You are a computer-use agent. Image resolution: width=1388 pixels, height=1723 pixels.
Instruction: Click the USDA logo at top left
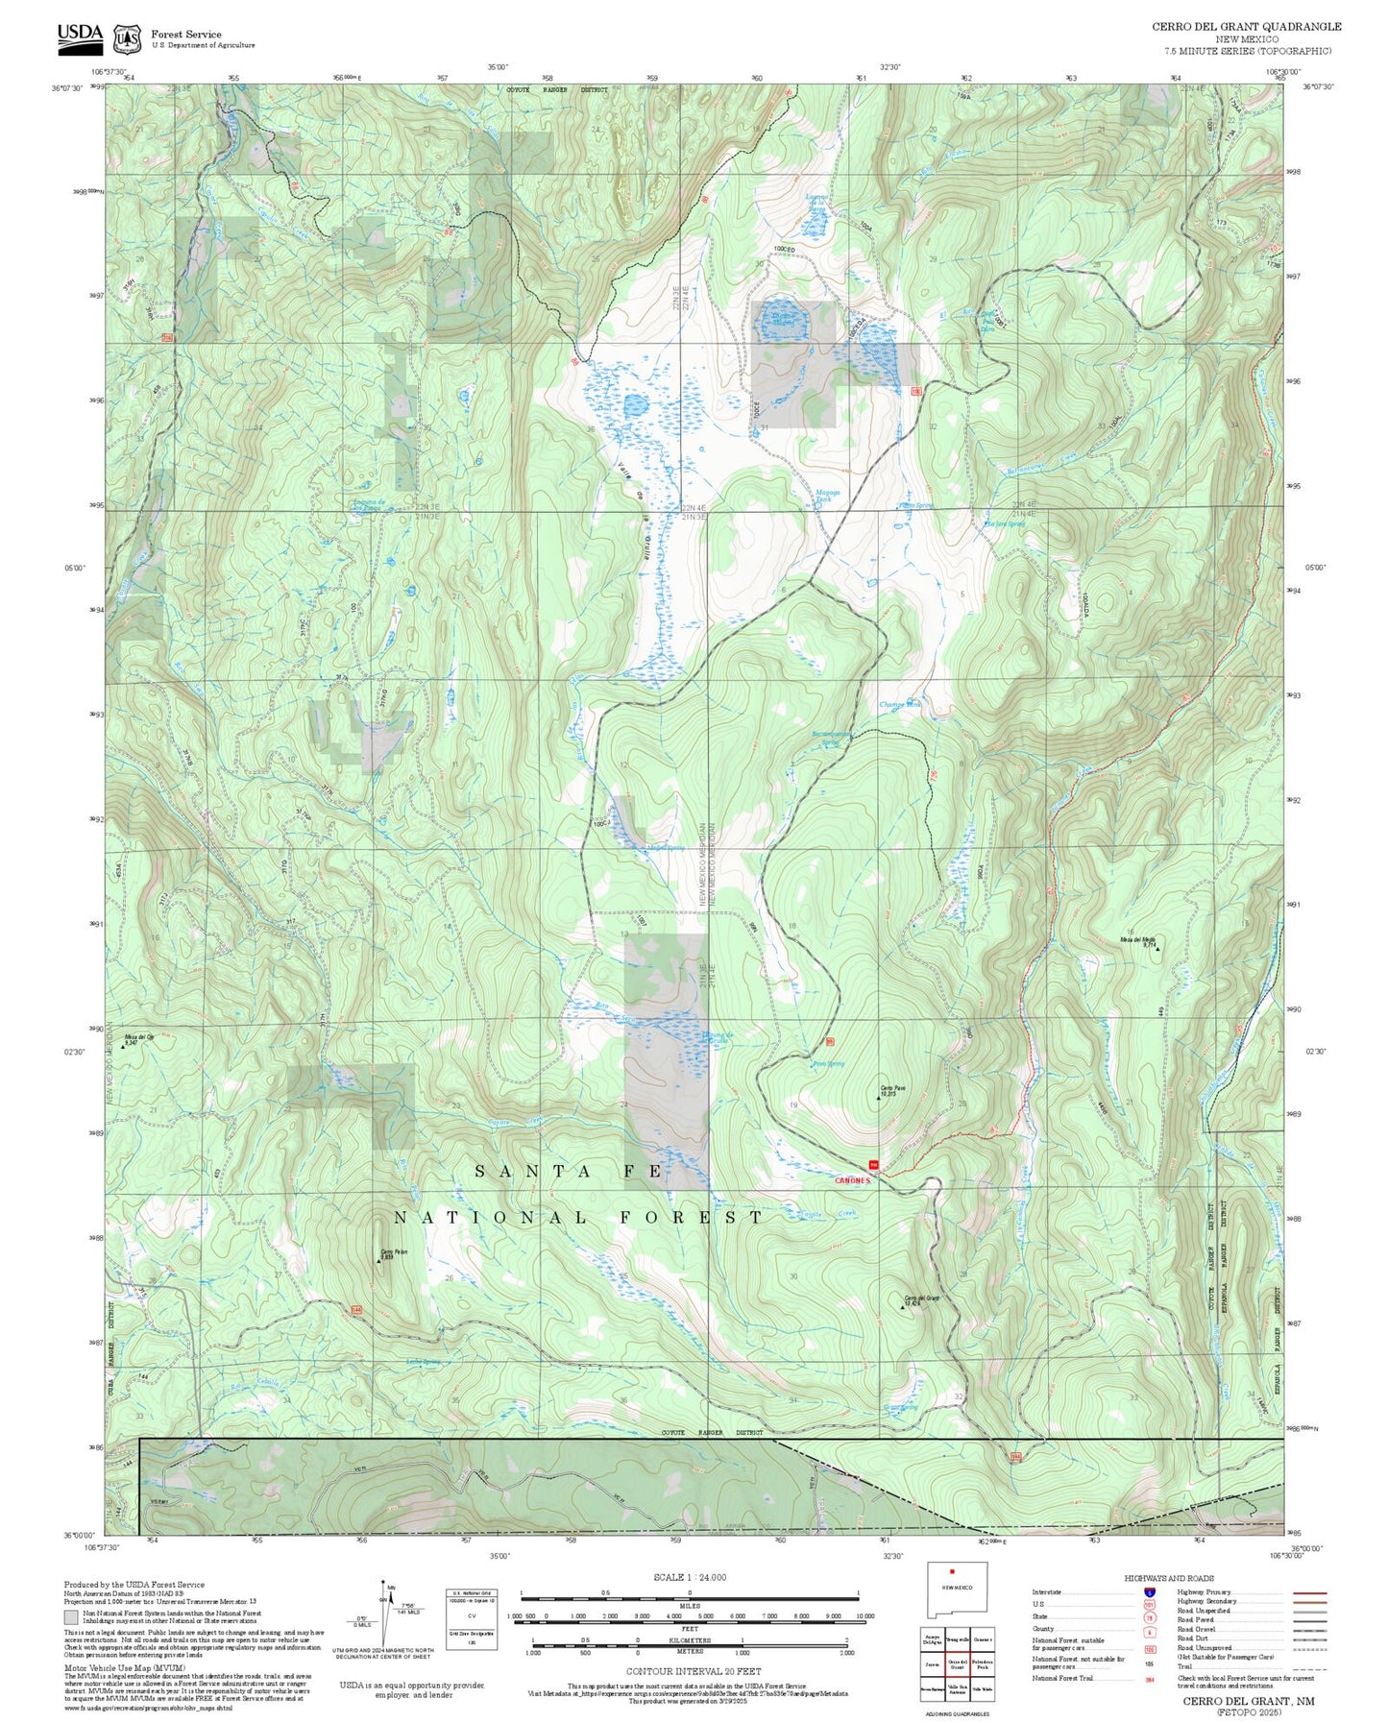click(x=80, y=36)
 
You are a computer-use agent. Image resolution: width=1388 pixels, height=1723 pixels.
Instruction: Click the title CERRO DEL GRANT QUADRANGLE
click(x=1247, y=27)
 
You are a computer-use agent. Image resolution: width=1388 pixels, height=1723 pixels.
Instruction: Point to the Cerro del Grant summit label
click(x=921, y=1300)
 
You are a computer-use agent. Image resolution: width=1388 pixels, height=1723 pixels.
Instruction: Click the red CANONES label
click(x=852, y=1180)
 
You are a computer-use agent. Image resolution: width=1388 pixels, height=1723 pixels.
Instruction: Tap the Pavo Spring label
click(x=828, y=1064)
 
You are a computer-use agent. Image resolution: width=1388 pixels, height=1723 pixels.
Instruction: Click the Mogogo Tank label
click(x=827, y=496)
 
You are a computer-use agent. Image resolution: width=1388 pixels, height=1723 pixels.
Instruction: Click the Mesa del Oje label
click(x=139, y=1038)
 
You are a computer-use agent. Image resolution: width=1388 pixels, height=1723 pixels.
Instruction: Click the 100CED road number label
click(x=785, y=250)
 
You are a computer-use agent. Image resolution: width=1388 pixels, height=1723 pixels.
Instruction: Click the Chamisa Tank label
click(x=900, y=704)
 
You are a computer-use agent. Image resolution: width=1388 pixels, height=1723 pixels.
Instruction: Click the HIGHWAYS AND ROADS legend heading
click(x=1169, y=1578)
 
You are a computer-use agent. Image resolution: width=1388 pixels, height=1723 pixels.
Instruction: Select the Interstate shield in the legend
click(x=1151, y=1591)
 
